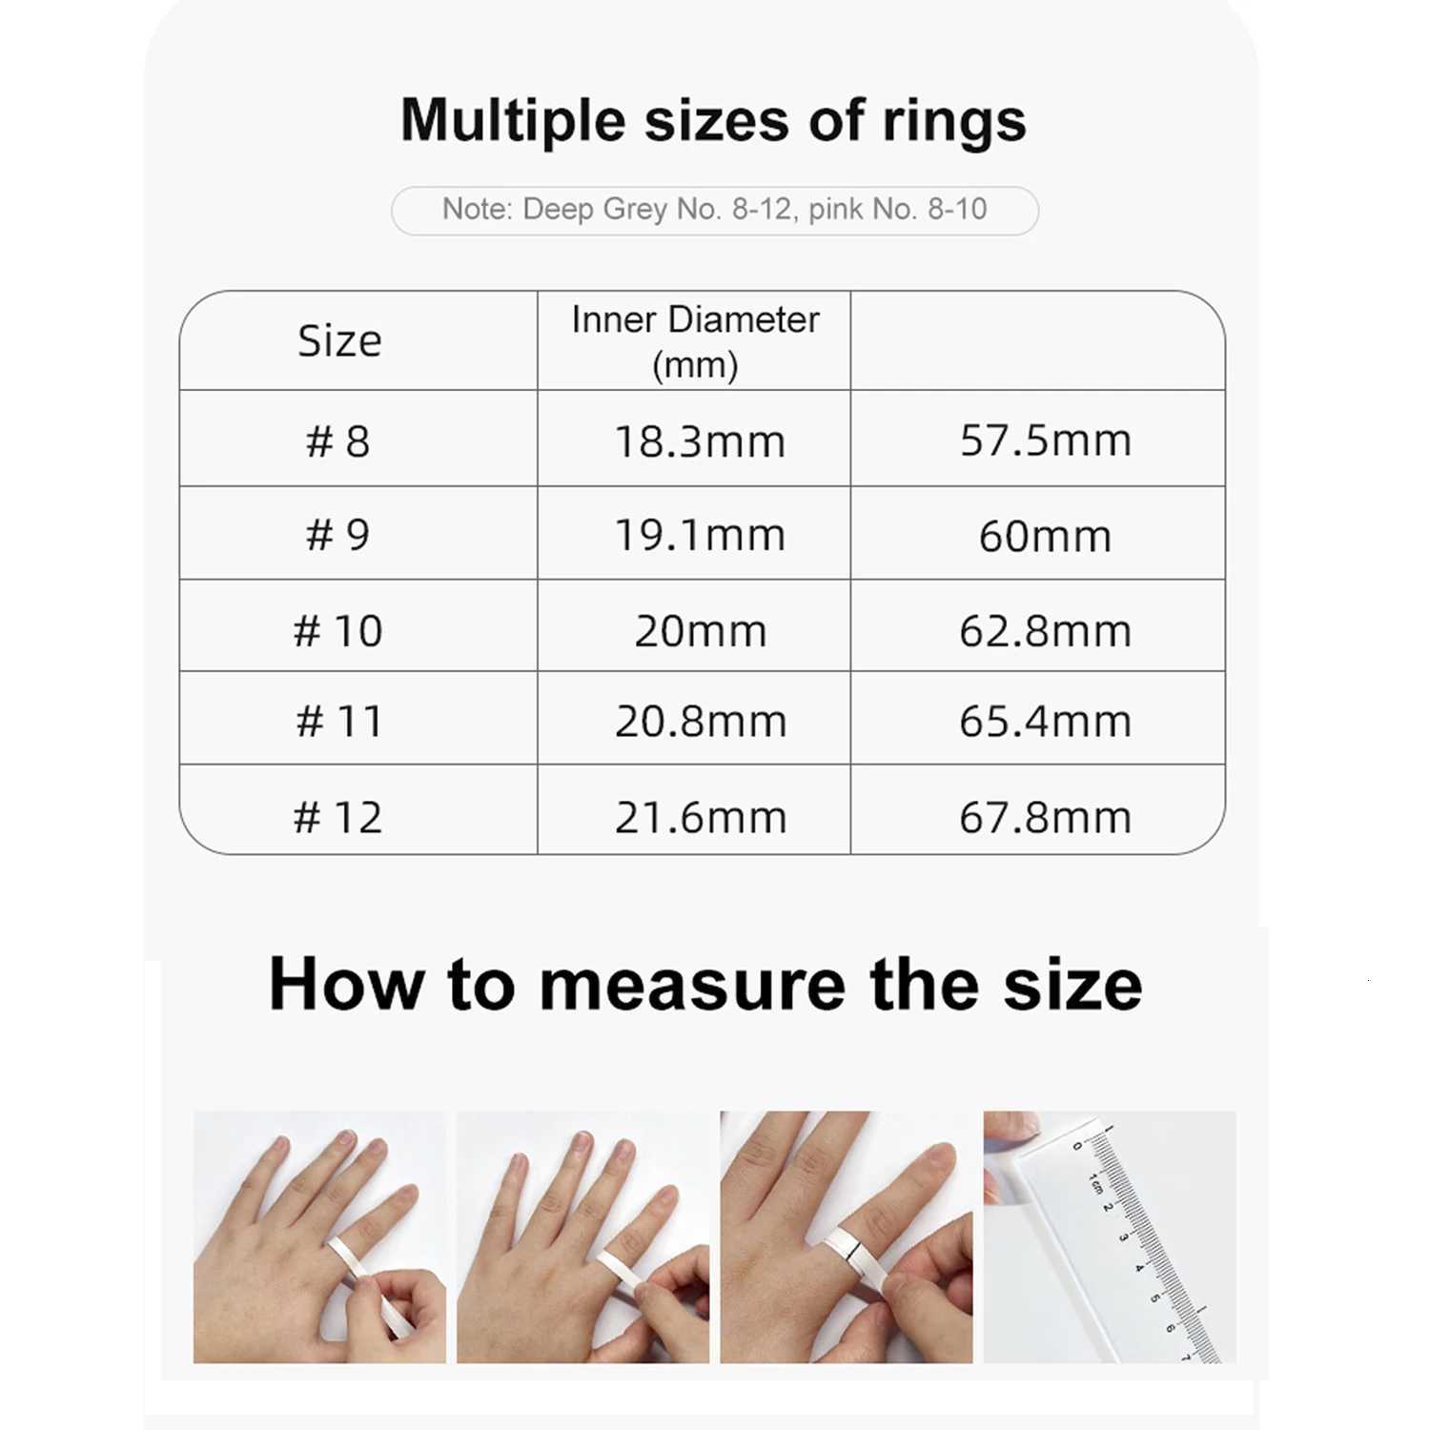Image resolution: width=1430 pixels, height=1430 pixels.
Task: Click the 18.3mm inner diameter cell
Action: click(700, 441)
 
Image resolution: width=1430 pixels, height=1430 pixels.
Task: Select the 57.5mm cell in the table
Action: click(1045, 440)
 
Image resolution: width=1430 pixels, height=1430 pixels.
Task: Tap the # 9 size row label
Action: click(337, 535)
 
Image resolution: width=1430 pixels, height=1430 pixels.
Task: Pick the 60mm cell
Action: click(1045, 536)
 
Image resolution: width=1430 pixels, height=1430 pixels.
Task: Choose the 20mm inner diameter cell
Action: click(700, 631)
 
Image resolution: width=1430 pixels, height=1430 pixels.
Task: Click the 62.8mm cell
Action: click(1045, 631)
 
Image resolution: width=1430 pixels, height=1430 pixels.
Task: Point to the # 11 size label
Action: click(339, 722)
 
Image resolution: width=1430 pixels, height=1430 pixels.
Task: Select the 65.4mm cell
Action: click(1045, 722)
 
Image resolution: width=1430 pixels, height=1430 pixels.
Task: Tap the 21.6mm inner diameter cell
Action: click(700, 818)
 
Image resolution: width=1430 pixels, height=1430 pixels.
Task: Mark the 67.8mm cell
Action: click(1045, 818)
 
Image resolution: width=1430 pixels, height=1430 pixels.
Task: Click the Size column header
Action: click(339, 341)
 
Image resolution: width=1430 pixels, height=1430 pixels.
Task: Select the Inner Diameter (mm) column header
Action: click(695, 341)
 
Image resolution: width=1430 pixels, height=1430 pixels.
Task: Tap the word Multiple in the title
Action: click(512, 122)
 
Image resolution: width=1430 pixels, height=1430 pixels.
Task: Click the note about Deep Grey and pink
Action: click(714, 210)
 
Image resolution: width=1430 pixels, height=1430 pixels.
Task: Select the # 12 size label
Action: click(337, 818)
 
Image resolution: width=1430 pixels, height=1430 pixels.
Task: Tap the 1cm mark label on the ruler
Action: click(1095, 1184)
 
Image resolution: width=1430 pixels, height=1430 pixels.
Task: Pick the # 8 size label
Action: click(337, 441)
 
